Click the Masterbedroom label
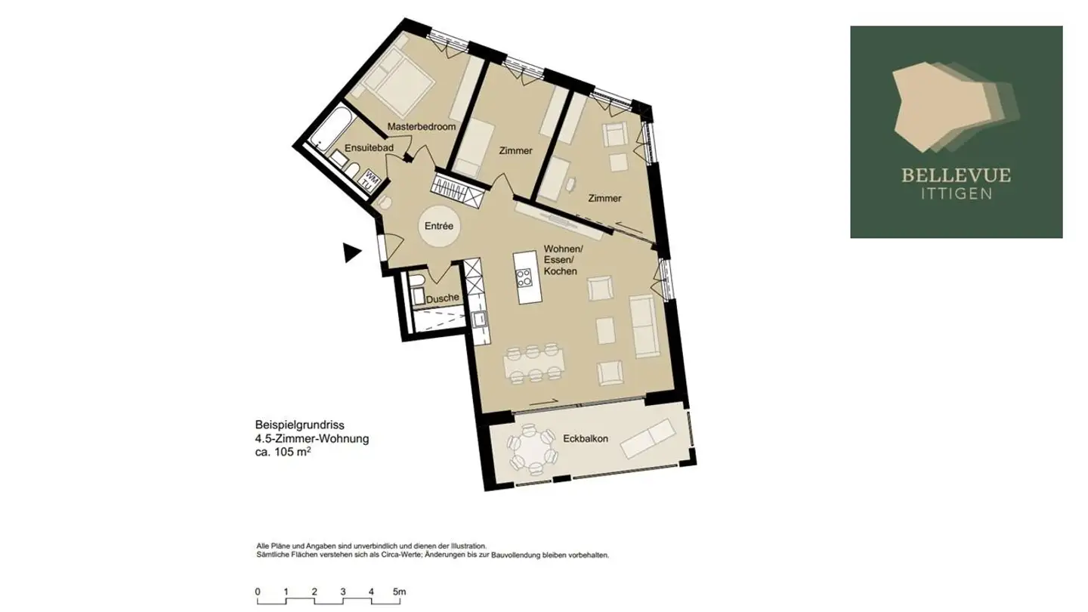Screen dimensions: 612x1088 tap(422, 127)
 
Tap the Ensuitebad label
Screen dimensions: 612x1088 tap(369, 148)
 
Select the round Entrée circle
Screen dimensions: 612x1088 tap(439, 226)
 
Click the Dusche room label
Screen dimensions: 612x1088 tap(442, 298)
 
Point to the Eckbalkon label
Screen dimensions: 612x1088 tap(586, 438)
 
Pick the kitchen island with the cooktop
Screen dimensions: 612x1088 tap(524, 277)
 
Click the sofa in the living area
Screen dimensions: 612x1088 tap(644, 326)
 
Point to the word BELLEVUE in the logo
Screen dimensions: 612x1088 tap(956, 176)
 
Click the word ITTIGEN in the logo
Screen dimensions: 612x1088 tap(956, 193)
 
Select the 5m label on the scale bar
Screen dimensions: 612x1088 tap(400, 592)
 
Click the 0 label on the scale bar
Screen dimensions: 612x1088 tap(258, 592)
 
